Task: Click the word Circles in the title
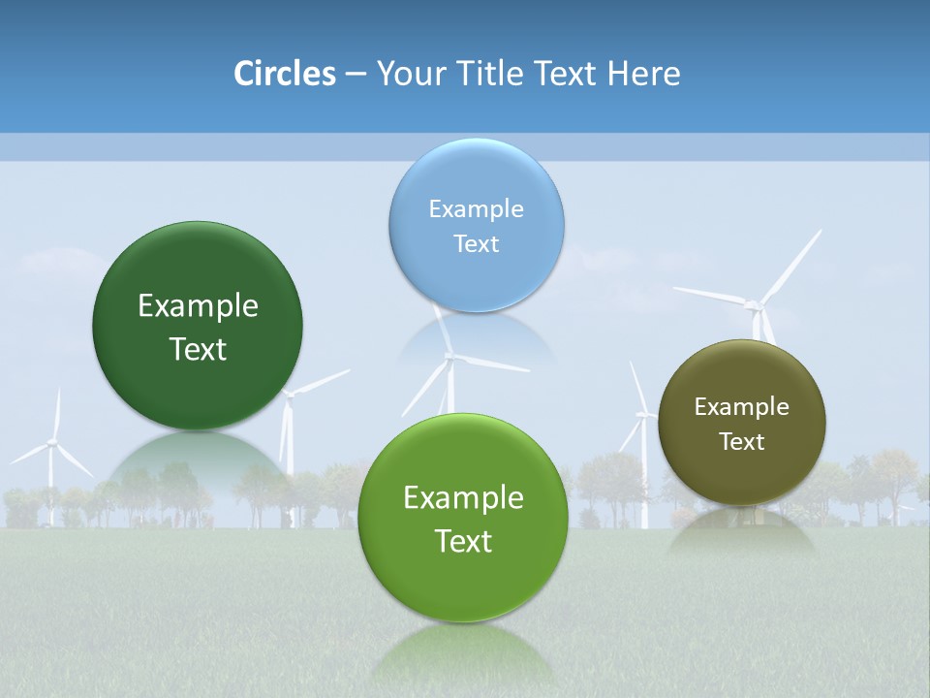click(x=284, y=74)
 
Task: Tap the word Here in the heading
click(x=644, y=74)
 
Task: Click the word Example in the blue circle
click(x=476, y=209)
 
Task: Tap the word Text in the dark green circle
click(x=198, y=349)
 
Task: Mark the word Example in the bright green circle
click(x=463, y=498)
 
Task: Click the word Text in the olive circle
click(x=741, y=442)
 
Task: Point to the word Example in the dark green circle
click(x=198, y=306)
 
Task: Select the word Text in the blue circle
click(x=476, y=244)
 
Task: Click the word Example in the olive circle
click(x=741, y=407)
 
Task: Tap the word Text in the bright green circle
click(x=463, y=541)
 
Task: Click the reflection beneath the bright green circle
click(x=463, y=654)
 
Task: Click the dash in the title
click(x=356, y=75)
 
